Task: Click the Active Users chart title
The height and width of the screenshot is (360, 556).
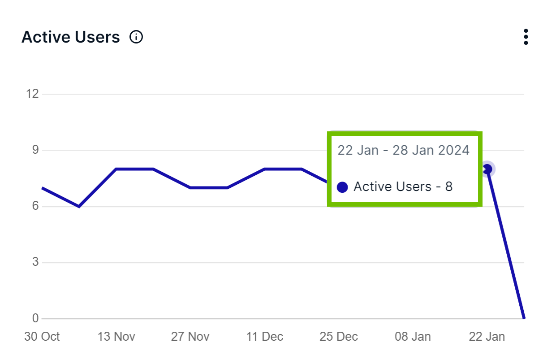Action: tap(71, 37)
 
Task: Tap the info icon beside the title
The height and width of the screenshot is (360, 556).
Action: tap(136, 37)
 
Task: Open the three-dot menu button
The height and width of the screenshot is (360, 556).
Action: tap(526, 37)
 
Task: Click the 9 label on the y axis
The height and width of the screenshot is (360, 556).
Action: tap(35, 150)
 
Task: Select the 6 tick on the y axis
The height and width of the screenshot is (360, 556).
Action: tap(35, 206)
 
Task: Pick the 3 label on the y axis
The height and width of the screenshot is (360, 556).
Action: tap(35, 262)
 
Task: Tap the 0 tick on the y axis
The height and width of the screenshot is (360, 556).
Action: tap(35, 319)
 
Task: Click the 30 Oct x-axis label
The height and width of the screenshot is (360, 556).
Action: tap(42, 337)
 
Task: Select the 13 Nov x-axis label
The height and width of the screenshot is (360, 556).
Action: tap(116, 337)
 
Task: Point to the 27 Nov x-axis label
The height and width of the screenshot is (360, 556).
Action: tap(190, 337)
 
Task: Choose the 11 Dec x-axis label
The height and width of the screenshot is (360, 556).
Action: tap(264, 337)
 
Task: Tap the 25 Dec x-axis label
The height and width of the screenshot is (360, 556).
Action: tap(339, 337)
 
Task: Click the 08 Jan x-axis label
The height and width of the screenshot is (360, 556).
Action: tap(413, 337)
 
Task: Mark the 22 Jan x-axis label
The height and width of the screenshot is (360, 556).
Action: tap(487, 337)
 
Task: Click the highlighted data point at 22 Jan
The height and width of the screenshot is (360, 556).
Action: tap(487, 169)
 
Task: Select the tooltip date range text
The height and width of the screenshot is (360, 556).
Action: tap(403, 150)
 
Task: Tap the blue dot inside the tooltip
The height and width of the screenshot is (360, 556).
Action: tap(342, 187)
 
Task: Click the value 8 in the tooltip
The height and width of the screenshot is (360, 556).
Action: tap(448, 187)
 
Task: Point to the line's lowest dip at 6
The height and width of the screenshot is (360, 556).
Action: tap(79, 206)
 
